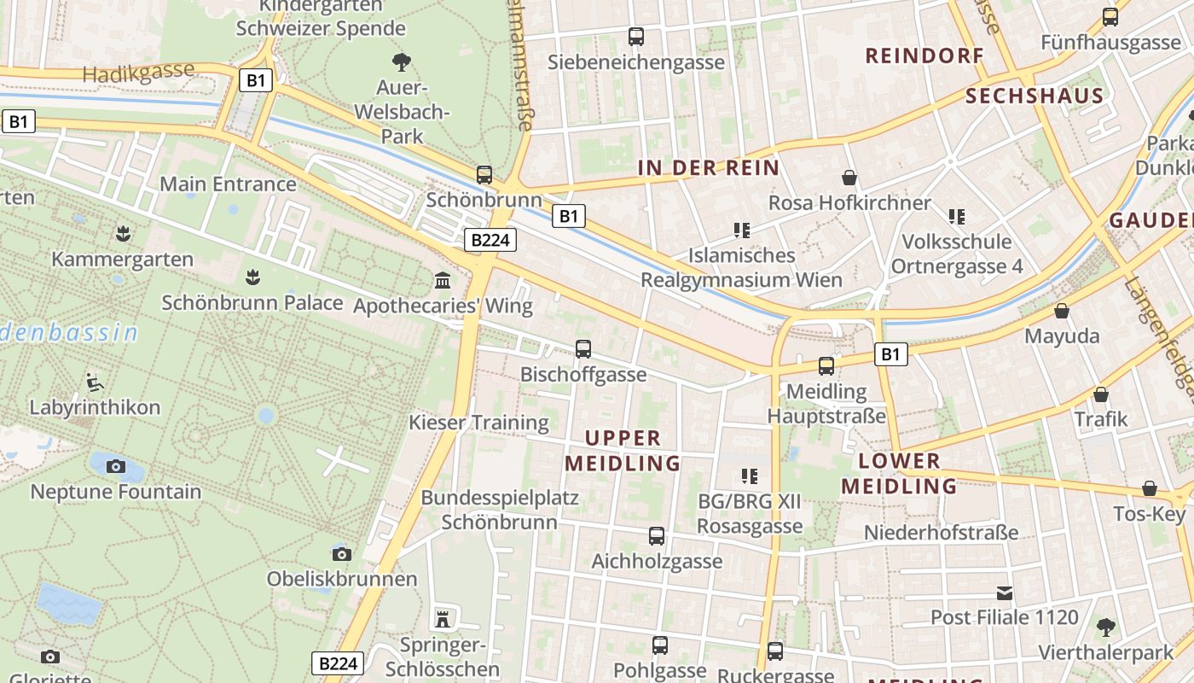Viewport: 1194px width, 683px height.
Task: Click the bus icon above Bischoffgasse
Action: [583, 348]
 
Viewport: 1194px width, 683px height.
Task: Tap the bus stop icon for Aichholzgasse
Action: [656, 536]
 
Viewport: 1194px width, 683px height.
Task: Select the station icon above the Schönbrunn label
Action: [484, 175]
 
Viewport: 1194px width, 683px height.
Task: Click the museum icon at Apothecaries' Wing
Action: [443, 280]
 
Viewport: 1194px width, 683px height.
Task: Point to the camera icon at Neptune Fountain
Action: [116, 466]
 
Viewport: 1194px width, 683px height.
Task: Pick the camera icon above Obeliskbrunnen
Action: [342, 554]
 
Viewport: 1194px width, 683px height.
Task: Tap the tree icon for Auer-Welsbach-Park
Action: [401, 61]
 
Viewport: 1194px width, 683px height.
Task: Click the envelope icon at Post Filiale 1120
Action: [1005, 593]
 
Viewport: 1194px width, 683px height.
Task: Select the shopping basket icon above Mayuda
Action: [1062, 311]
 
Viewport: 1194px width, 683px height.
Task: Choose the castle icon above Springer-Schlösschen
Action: [443, 618]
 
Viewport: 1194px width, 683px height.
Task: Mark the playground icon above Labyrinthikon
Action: [95, 382]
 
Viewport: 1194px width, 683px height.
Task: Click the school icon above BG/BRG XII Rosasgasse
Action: [749, 476]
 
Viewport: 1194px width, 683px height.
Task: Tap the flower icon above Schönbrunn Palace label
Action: [252, 277]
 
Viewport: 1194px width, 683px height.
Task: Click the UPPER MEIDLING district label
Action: [623, 451]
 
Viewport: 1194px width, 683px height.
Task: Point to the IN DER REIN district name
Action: [709, 168]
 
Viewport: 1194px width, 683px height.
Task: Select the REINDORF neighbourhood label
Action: [924, 56]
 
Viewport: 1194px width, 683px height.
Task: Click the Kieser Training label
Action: [478, 423]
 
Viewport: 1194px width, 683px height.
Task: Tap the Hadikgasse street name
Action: [139, 73]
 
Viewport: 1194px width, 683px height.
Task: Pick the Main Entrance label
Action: [228, 184]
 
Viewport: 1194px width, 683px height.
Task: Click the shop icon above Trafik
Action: [1101, 394]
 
